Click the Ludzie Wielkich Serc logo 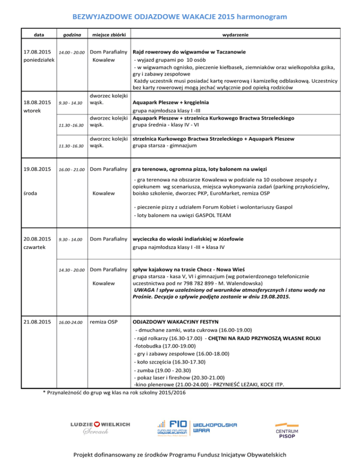(99, 427)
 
